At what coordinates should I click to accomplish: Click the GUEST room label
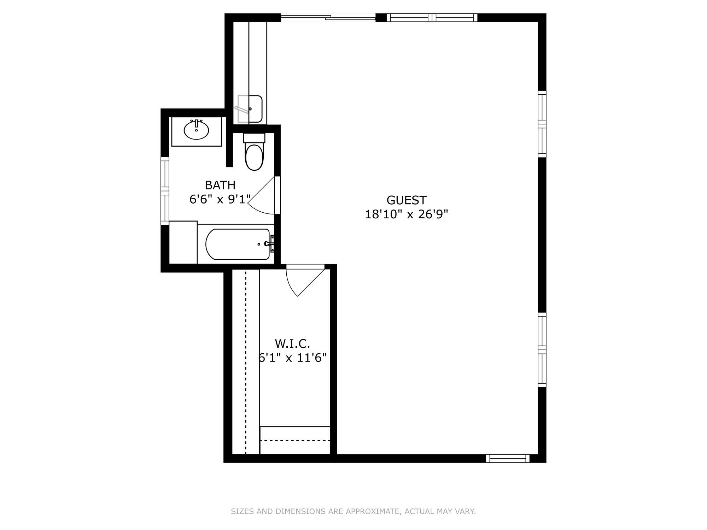tap(406, 200)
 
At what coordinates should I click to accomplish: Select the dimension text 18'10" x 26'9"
tap(406, 214)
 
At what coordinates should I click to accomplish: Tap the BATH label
tap(220, 185)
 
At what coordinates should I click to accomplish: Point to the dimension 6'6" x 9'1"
tap(220, 199)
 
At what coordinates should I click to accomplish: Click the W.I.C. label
tap(292, 343)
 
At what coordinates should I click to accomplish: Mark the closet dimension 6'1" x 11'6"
tap(292, 358)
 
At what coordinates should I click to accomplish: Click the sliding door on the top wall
tap(328, 17)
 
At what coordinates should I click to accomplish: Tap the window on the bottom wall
tap(508, 459)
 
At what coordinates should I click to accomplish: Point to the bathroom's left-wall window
tap(165, 191)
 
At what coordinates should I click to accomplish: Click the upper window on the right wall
tap(542, 124)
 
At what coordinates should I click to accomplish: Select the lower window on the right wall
tap(542, 350)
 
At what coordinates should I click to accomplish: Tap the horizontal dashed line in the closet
tap(295, 440)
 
